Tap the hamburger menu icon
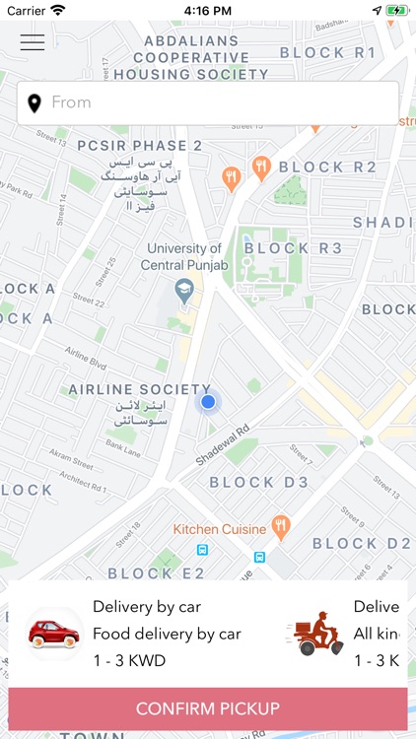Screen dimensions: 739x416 [x=33, y=41]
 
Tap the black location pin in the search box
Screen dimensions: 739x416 [x=35, y=102]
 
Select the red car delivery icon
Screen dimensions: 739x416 [x=53, y=633]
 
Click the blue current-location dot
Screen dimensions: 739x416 [x=208, y=402]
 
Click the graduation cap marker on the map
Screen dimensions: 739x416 [x=183, y=290]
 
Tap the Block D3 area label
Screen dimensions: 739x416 [x=258, y=483]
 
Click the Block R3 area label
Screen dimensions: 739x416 [x=293, y=248]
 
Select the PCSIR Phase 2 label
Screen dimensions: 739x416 [x=139, y=146]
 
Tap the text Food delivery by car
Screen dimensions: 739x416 [x=167, y=634]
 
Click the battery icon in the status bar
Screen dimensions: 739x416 [x=395, y=10]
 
